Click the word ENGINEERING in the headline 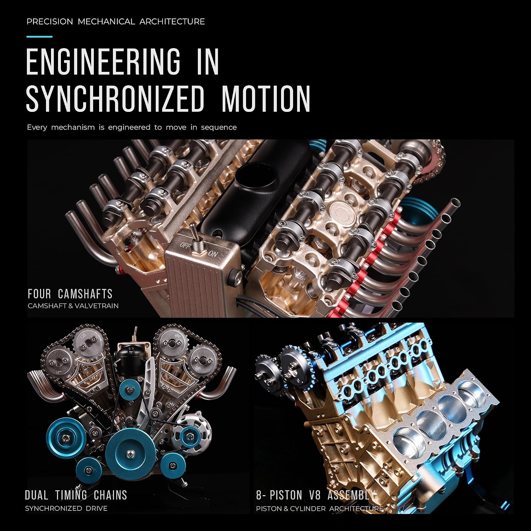(103, 62)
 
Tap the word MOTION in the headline (266, 98)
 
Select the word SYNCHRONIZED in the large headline (115, 98)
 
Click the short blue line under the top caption (39, 36)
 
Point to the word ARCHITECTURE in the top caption (172, 22)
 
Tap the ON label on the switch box (213, 254)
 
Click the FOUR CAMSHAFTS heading (70, 294)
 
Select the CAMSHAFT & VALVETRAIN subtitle (73, 306)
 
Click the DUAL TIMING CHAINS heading (76, 495)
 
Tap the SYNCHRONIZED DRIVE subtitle (66, 508)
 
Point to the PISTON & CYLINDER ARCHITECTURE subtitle (320, 509)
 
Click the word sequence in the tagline (219, 127)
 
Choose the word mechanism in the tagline (73, 127)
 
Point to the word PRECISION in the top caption (50, 22)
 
